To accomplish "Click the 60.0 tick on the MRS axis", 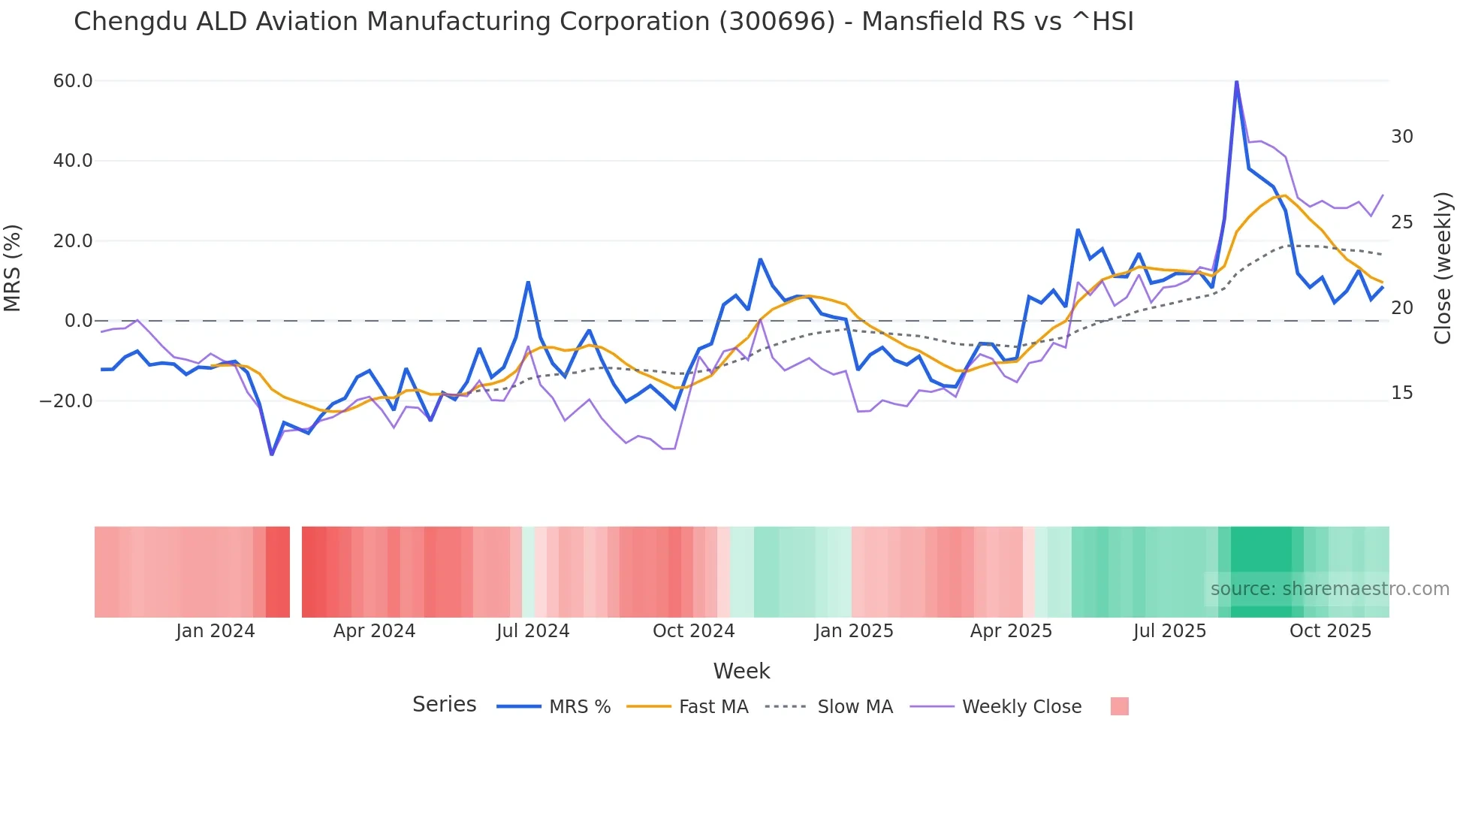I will point(72,81).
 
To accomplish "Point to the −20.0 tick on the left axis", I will point(66,401).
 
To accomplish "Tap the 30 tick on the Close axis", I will point(1401,137).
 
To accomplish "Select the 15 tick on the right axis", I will point(1401,393).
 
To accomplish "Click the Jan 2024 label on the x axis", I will point(216,631).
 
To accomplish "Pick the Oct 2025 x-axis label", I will point(1330,631).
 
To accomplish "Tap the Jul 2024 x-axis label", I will point(532,631).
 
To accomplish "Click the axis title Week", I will point(741,671).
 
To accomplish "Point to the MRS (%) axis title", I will point(13,267).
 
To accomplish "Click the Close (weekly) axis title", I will point(1442,268).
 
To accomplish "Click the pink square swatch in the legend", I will point(1119,707).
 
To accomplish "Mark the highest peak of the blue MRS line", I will point(1236,82).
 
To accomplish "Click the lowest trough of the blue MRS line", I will point(272,454).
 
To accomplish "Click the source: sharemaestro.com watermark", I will point(1329,589).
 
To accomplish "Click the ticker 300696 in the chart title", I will point(777,22).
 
